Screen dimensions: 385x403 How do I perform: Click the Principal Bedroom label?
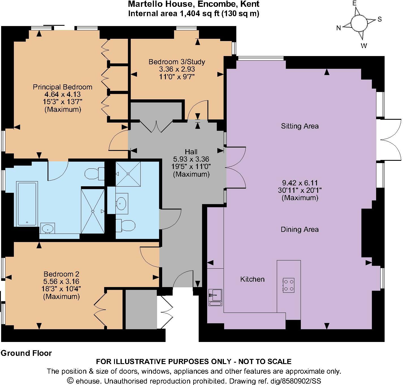[63, 87]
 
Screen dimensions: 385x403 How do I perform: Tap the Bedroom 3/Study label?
[177, 62]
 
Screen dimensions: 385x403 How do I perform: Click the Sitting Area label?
[300, 126]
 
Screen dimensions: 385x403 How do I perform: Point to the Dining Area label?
[299, 229]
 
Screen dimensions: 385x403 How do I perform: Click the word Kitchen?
[252, 279]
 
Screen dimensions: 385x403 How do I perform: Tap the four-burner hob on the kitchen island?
[288, 285]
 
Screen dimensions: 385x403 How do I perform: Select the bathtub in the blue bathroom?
[27, 204]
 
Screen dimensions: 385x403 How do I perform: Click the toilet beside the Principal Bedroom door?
[95, 173]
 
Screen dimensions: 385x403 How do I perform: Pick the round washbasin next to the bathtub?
[48, 228]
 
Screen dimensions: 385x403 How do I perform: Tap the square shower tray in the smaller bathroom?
[128, 174]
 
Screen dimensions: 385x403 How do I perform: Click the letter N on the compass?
[338, 28]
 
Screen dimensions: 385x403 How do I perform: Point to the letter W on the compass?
[364, 46]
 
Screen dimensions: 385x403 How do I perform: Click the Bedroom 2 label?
[61, 274]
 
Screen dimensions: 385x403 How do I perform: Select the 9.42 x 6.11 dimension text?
[300, 183]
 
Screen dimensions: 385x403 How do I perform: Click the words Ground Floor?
[26, 353]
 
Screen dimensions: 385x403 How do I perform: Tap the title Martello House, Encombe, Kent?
[194, 4]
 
